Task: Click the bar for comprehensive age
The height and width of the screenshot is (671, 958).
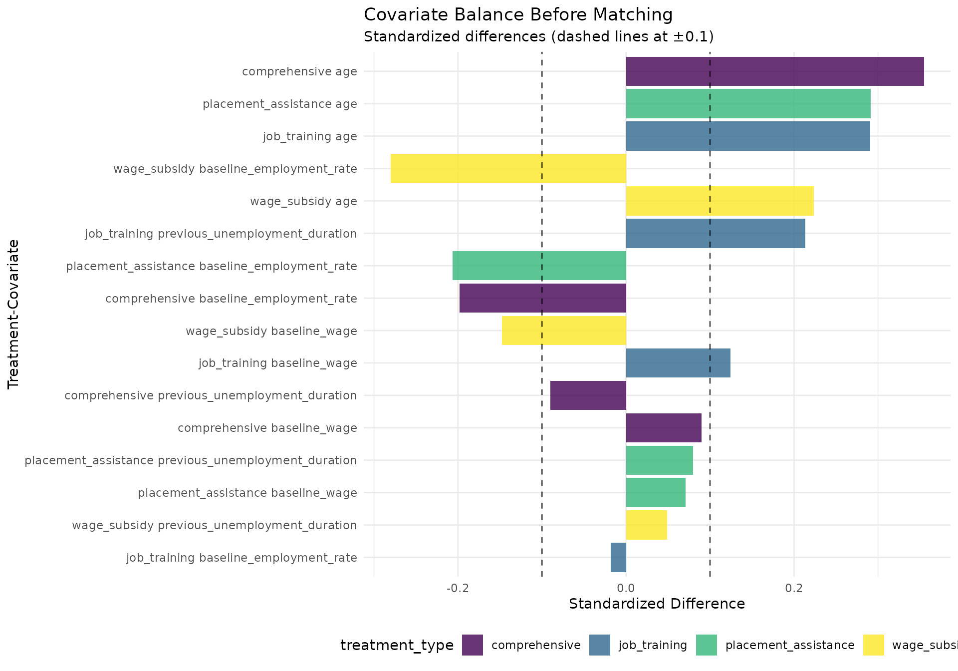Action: click(x=774, y=71)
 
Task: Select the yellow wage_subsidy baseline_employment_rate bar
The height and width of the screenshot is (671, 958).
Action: click(x=508, y=168)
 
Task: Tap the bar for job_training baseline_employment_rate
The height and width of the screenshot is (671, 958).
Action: click(x=618, y=557)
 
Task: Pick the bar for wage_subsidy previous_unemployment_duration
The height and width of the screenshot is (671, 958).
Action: click(x=646, y=525)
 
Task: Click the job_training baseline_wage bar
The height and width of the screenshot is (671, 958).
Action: click(x=678, y=363)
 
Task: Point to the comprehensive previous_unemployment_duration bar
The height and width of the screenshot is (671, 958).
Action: click(x=588, y=395)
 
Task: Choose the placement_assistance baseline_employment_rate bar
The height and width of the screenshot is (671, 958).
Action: click(x=539, y=266)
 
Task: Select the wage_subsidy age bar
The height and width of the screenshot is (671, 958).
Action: click(x=719, y=201)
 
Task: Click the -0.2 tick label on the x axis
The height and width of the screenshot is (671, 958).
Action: click(x=458, y=588)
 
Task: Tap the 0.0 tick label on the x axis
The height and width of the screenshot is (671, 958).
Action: click(x=626, y=588)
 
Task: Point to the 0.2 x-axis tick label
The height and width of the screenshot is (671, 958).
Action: click(x=794, y=588)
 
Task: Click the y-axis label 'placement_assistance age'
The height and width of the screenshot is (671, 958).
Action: click(x=279, y=104)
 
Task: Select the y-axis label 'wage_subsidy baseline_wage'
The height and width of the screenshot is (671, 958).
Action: click(x=271, y=331)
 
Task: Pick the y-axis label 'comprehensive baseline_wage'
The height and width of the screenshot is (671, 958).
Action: click(x=267, y=428)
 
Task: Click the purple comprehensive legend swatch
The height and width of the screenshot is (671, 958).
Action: click(x=472, y=645)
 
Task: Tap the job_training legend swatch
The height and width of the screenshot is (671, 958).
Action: click(x=599, y=645)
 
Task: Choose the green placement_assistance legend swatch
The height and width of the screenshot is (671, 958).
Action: click(x=706, y=645)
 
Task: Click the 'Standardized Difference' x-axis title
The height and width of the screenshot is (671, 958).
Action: click(x=657, y=604)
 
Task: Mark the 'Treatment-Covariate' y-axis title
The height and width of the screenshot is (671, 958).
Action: click(x=13, y=314)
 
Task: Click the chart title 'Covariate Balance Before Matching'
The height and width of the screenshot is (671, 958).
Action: click(x=518, y=15)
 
